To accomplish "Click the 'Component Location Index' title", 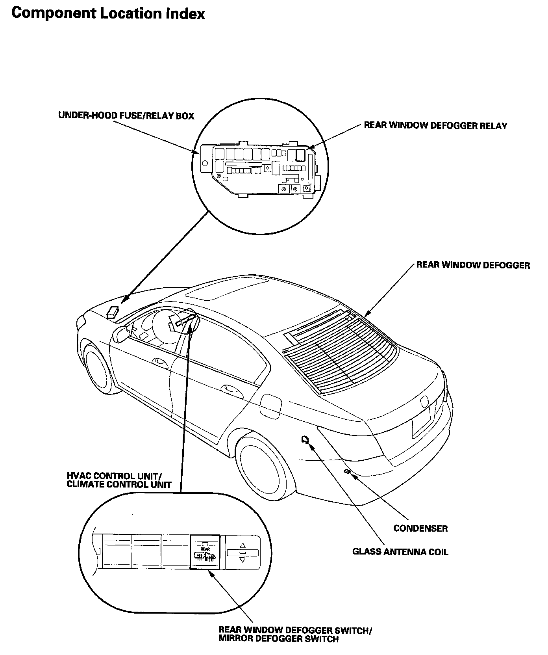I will pos(108,14).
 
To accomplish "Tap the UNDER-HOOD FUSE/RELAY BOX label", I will pos(126,116).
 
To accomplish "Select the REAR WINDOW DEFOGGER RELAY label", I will pos(435,126).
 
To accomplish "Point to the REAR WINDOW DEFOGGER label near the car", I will pos(473,265).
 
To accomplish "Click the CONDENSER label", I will pos(420,528).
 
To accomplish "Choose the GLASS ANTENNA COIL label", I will pos(400,552).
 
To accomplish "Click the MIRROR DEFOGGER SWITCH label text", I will pos(278,639).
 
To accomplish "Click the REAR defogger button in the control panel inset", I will pos(205,552).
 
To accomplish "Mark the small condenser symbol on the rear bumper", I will pos(347,471).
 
